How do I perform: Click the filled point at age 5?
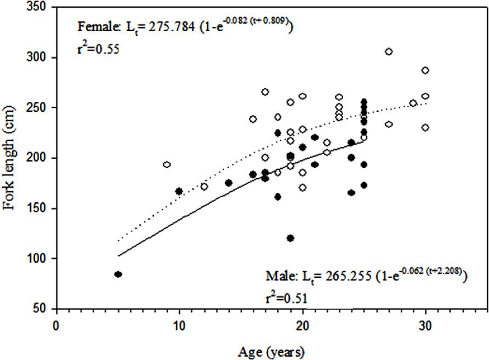[x=118, y=274]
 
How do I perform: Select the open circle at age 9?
[x=167, y=164]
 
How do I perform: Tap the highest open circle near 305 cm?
[x=389, y=52]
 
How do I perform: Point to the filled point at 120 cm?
[x=291, y=238]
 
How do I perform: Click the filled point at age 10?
[x=179, y=191]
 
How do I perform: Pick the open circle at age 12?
[x=204, y=187]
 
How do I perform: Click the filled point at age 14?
[x=229, y=182]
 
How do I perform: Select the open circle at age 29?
[x=413, y=103]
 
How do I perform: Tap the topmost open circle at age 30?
[x=425, y=70]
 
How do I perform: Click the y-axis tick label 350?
[x=39, y=8]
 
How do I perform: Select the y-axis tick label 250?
[x=39, y=108]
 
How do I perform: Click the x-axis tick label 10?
[x=179, y=324]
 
